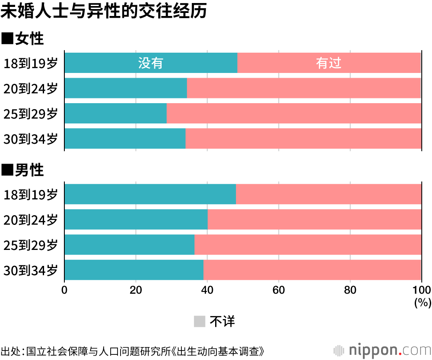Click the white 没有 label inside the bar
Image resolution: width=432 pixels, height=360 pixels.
[x=151, y=63]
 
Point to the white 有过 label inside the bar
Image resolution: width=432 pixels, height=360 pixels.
[x=329, y=63]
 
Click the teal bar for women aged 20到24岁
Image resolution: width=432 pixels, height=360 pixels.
[x=126, y=88]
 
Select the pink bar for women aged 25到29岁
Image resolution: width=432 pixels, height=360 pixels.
[x=294, y=113]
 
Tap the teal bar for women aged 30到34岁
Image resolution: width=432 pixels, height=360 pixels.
[x=125, y=138]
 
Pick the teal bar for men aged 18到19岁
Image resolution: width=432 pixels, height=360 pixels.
[x=150, y=194]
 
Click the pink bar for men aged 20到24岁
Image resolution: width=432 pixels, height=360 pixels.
[x=314, y=219]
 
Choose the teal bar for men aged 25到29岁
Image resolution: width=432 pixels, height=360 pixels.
[x=129, y=244]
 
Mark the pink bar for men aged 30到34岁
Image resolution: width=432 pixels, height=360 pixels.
[x=312, y=269]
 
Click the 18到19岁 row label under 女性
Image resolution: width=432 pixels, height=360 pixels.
[x=30, y=63]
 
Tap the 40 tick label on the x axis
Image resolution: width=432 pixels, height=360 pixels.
[x=207, y=290]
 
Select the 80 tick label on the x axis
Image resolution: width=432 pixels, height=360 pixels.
[x=350, y=290]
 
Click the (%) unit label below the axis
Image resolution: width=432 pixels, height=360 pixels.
[x=422, y=303]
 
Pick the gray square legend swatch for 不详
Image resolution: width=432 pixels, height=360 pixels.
[x=199, y=321]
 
